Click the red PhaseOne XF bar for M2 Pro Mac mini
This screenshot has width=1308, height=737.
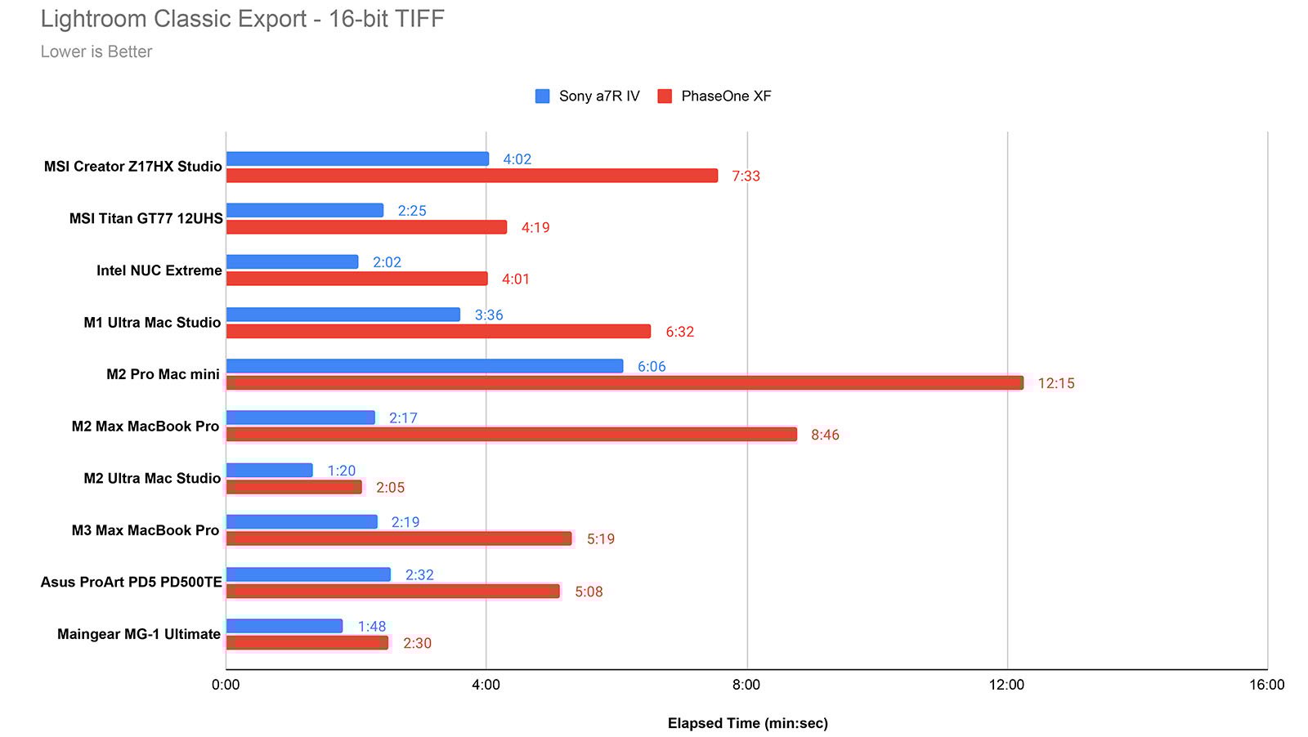pos(625,382)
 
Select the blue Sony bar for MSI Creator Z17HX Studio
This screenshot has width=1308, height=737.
pos(357,159)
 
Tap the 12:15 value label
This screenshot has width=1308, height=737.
pos(1055,383)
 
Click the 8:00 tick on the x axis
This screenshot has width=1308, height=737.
pos(746,685)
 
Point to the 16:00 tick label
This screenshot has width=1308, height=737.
pos(1266,685)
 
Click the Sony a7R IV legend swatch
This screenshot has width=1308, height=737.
pos(542,96)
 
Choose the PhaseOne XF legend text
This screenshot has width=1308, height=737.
pos(725,96)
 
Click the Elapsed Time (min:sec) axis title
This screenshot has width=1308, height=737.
pos(747,723)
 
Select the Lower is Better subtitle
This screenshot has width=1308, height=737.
pos(96,51)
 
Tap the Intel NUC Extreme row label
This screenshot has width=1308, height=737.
pos(159,270)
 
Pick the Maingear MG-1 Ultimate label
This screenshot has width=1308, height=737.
pos(138,634)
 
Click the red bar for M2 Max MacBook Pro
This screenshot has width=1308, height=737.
pos(511,435)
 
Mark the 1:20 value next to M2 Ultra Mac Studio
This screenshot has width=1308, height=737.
pos(341,471)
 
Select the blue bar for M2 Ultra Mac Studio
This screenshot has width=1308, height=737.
pos(269,470)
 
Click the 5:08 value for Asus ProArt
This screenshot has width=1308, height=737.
pos(589,592)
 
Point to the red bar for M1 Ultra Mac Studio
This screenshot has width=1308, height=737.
pos(438,331)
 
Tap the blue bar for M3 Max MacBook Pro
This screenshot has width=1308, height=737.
pos(302,521)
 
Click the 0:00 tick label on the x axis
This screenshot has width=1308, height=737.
pos(226,685)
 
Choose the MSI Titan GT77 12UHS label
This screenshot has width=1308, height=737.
pos(146,218)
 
